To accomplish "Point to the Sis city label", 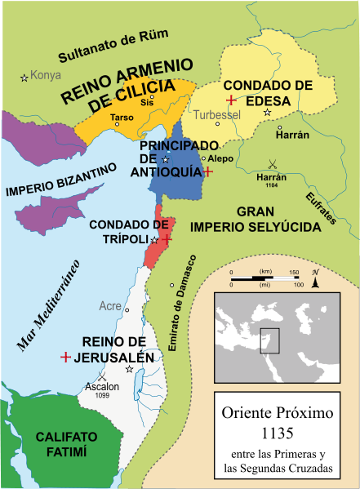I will coord(146,104).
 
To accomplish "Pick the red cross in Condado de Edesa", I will coord(231,100).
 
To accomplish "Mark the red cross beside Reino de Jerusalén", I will coord(64,358).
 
